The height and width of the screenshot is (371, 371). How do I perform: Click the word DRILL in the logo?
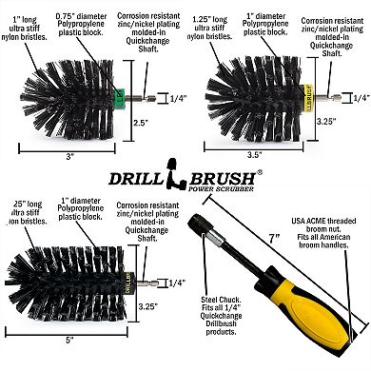point(136,176)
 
